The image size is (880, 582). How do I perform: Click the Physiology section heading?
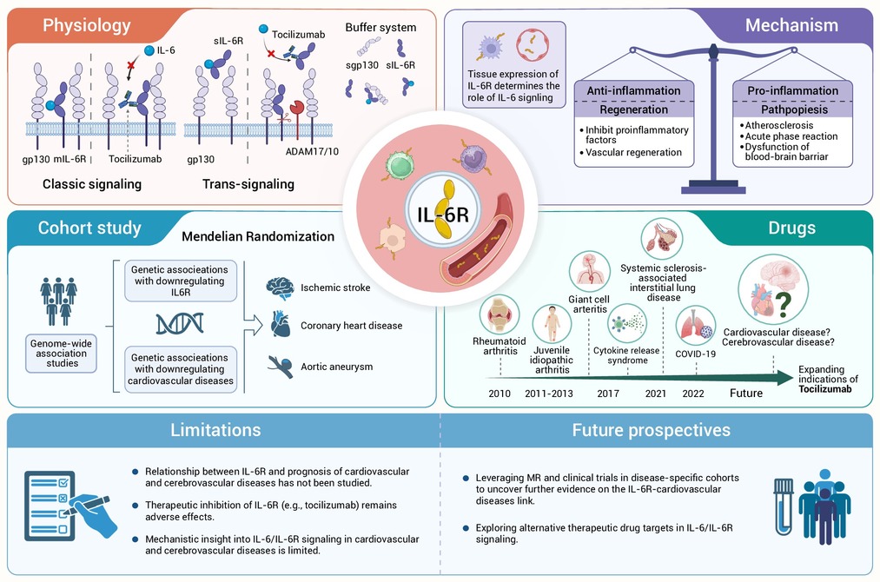click(86, 26)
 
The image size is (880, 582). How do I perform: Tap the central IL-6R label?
click(443, 215)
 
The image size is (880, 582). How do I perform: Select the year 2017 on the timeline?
click(608, 394)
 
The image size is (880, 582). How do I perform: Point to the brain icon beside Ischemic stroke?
click(280, 288)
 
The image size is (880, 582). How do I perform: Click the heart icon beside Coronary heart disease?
click(280, 324)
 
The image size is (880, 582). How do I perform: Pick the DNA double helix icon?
click(180, 324)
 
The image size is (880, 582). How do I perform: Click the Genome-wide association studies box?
click(61, 354)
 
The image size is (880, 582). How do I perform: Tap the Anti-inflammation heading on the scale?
click(633, 91)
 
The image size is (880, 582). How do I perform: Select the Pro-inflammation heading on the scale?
click(792, 91)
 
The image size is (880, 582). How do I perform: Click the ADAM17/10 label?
click(312, 151)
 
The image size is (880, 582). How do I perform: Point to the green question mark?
click(784, 304)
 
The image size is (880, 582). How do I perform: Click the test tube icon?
click(784, 506)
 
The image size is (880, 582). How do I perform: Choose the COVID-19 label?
click(695, 354)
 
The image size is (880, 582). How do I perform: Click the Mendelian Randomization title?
click(258, 236)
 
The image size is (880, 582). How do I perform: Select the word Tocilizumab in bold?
click(825, 389)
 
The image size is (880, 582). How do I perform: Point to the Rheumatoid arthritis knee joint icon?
click(500, 314)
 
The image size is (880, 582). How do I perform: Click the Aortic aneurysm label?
click(337, 367)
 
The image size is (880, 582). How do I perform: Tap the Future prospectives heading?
click(651, 431)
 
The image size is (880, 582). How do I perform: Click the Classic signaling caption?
click(92, 184)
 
